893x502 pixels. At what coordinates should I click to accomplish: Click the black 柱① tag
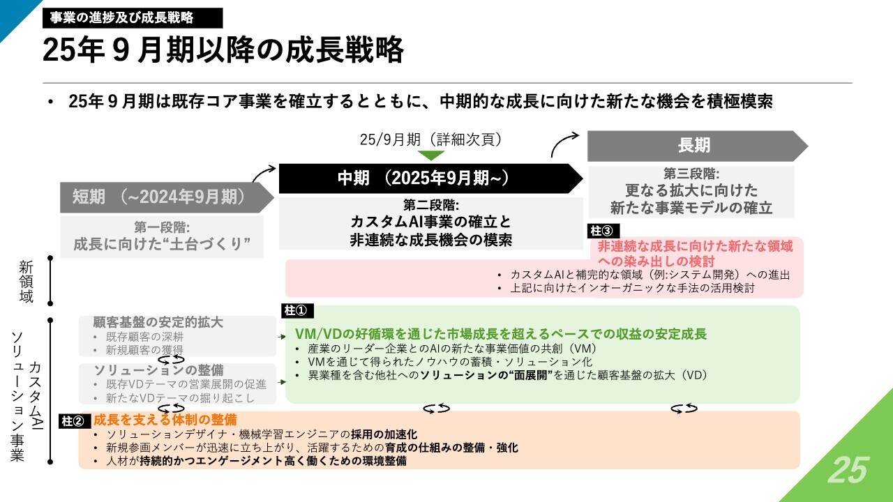pyautogui.click(x=297, y=310)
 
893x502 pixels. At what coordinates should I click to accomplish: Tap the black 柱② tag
pyautogui.click(x=75, y=421)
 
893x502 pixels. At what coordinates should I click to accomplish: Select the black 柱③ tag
pyautogui.click(x=603, y=231)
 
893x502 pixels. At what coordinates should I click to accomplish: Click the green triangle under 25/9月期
pyautogui.click(x=430, y=155)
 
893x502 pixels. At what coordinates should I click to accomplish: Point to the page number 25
pyautogui.click(x=848, y=470)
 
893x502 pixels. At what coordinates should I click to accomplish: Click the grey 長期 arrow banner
pyautogui.click(x=698, y=146)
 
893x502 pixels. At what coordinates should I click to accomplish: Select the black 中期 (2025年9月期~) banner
pyautogui.click(x=430, y=178)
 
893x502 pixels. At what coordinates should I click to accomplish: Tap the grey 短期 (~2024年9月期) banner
pyautogui.click(x=167, y=197)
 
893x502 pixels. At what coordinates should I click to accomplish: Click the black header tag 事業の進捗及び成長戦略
pyautogui.click(x=133, y=18)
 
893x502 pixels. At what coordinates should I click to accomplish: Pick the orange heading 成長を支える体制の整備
pyautogui.click(x=165, y=420)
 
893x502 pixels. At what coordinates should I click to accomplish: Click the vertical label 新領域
pyautogui.click(x=27, y=281)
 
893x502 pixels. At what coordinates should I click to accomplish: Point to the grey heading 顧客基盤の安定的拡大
pyautogui.click(x=158, y=322)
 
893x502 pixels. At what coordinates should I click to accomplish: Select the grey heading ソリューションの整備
pyautogui.click(x=158, y=370)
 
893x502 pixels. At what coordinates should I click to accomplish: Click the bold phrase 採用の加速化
pyautogui.click(x=384, y=434)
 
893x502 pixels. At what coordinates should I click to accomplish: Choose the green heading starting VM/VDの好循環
pyautogui.click(x=501, y=334)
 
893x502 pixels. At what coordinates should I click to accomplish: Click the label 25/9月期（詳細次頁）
pyautogui.click(x=430, y=139)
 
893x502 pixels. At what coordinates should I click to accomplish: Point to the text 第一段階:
pyautogui.click(x=162, y=227)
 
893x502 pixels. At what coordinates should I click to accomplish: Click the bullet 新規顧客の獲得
pyautogui.click(x=144, y=350)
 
